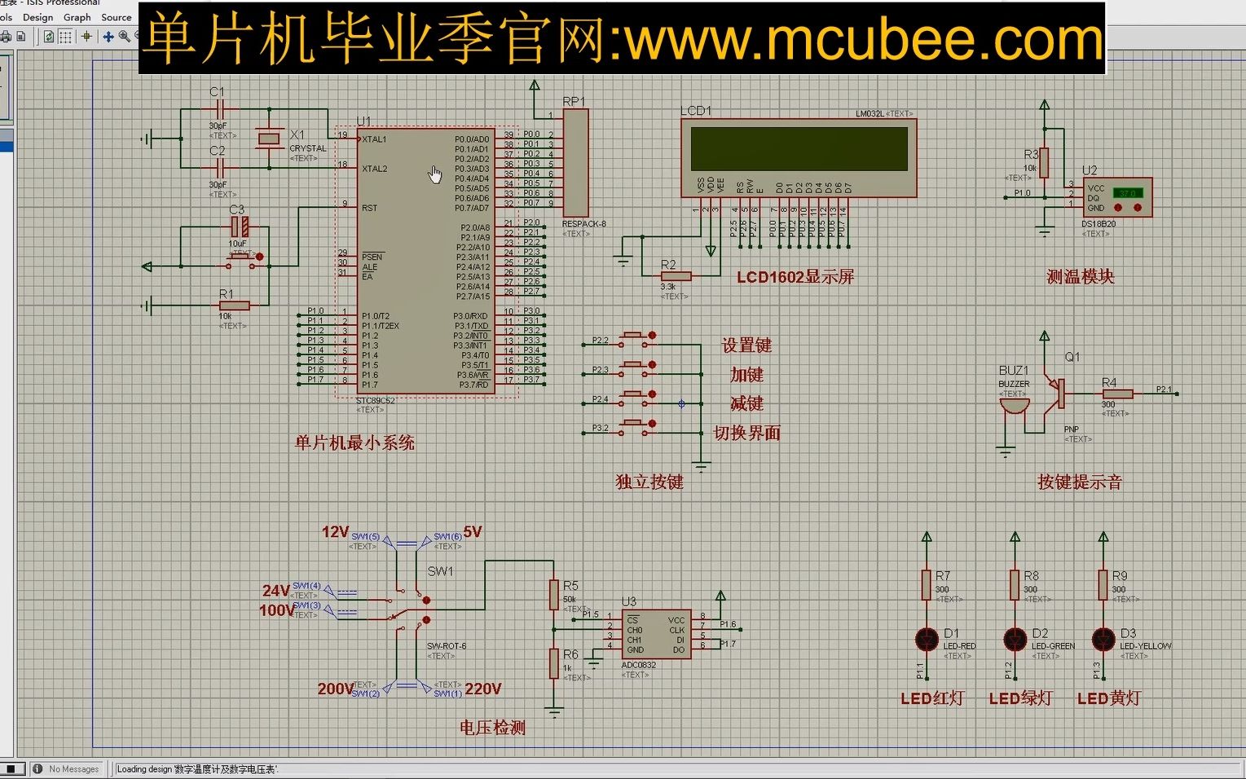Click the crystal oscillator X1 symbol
tap(269, 139)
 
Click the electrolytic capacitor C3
tap(238, 227)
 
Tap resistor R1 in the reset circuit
tap(234, 306)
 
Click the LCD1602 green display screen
tap(799, 148)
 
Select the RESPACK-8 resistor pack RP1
tap(575, 163)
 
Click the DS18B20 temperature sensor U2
tap(1116, 197)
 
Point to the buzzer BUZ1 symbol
tap(1014, 405)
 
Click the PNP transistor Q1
tap(1058, 394)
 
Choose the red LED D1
tap(927, 640)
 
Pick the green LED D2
tap(1015, 640)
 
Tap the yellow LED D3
tap(1103, 640)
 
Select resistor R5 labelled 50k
tap(554, 596)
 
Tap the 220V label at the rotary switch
tap(482, 689)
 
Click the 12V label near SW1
tap(335, 532)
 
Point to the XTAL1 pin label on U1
tap(375, 139)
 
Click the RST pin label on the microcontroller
tap(370, 208)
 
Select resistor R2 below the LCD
tap(676, 276)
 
